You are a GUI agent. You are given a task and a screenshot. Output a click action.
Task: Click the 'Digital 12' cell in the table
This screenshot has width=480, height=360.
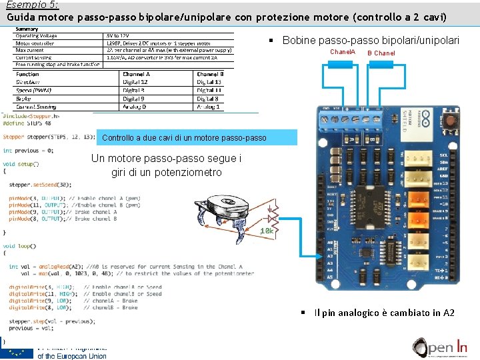(134, 82)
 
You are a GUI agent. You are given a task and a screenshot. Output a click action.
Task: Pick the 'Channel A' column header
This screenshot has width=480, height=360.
(136, 74)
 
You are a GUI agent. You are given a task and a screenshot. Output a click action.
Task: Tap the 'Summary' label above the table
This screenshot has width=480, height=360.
(27, 29)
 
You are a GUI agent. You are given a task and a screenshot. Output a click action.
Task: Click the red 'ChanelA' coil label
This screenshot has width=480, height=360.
(343, 52)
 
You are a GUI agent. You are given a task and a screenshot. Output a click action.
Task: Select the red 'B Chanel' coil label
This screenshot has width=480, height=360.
(381, 53)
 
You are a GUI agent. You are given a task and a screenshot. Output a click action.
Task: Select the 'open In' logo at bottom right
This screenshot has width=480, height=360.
(441, 348)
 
